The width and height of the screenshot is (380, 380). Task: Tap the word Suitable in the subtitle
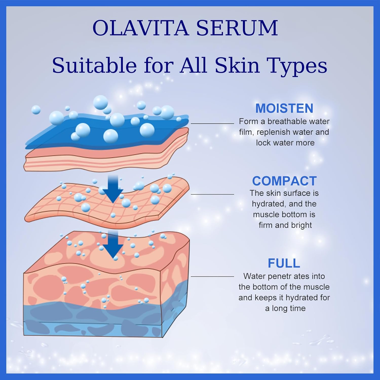coord(94,65)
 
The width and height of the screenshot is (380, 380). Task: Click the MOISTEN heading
coord(284,108)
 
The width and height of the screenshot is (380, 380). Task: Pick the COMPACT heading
coord(284,181)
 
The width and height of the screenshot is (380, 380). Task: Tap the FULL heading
coord(284,263)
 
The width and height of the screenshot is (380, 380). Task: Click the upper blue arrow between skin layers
coord(113,188)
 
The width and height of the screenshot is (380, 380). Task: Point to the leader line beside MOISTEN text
coord(212,123)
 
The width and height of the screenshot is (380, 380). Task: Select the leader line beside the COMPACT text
coord(212,194)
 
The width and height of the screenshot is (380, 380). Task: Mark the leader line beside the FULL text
coord(212,277)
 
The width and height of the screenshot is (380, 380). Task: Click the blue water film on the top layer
coord(106,132)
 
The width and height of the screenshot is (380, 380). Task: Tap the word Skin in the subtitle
coord(237,65)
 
